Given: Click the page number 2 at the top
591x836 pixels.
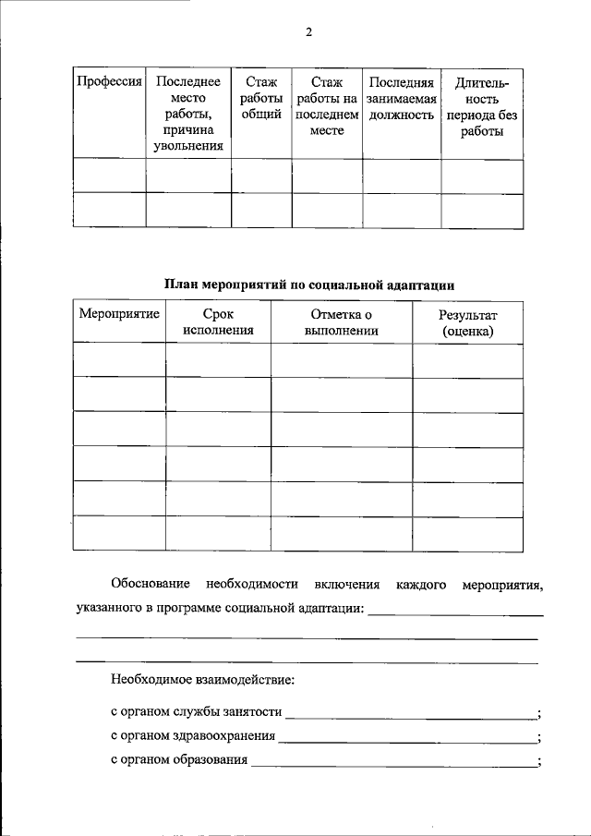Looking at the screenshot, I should (x=309, y=33).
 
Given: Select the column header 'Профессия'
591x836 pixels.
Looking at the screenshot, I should (x=109, y=83).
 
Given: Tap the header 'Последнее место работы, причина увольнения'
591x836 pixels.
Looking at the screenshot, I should (x=188, y=114).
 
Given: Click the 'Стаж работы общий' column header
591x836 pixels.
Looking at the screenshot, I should (x=261, y=99).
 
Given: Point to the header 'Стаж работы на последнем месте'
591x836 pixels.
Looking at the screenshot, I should (x=327, y=106).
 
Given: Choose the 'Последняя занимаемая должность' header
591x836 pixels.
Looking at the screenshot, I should (x=401, y=99).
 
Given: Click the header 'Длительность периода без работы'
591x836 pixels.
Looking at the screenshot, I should (x=481, y=106).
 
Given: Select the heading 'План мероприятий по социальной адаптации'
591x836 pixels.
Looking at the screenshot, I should (x=309, y=285).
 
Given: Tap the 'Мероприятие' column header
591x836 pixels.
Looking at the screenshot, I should (x=119, y=315).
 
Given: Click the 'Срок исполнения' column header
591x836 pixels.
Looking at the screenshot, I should (x=218, y=322).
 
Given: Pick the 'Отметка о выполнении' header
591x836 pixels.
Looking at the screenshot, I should (x=341, y=322).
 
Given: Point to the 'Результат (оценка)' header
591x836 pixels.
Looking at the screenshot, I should (x=467, y=322).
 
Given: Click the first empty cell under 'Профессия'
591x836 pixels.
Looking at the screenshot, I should (x=109, y=176).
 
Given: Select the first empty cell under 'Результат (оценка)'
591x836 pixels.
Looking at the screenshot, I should (x=467, y=359).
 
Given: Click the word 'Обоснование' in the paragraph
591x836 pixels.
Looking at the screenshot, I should (x=151, y=585).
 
